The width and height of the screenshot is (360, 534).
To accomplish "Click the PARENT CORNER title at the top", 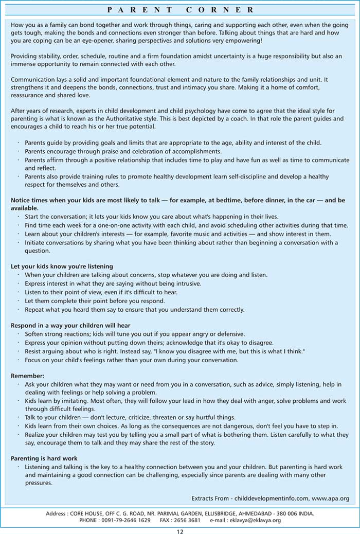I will tap(180, 9).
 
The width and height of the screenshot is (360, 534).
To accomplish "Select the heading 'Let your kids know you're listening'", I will tap(62, 266).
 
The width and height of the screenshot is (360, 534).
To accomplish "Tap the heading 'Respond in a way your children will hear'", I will tap(70, 325).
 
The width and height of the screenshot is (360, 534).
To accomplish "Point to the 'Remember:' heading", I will tap(28, 376).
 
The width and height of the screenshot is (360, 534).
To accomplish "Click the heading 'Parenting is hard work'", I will tap(44, 458).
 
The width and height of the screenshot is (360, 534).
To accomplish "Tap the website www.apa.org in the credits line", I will tap(330, 499).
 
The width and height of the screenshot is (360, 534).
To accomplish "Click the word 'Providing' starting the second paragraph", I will tap(24, 56).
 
